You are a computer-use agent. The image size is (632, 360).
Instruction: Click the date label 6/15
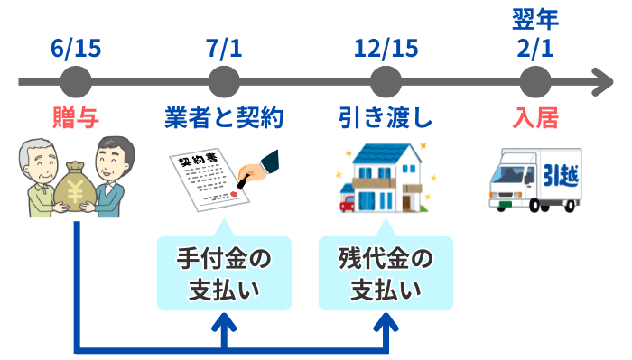coord(76,47)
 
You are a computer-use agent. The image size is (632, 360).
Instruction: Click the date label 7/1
coord(225,47)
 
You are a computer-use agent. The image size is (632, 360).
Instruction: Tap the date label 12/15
coord(385,47)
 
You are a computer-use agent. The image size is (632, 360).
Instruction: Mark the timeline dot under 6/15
coord(76,82)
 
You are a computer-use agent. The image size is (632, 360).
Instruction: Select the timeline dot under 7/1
coord(225,82)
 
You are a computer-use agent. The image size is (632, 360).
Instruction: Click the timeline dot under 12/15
coord(385,82)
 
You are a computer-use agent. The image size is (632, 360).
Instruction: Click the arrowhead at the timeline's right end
coord(603,82)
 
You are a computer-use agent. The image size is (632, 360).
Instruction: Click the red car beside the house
coord(347,202)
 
